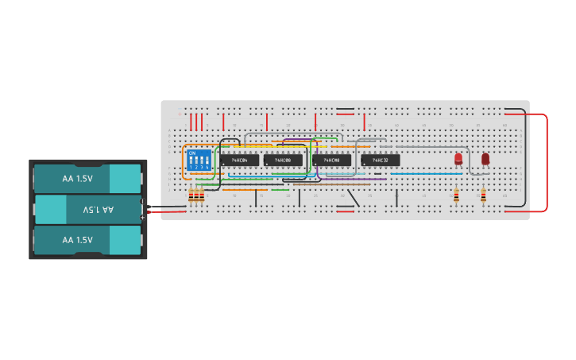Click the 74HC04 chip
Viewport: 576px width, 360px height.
239,161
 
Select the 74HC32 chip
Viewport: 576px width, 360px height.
381,161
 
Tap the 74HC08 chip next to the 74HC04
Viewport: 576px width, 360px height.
284,161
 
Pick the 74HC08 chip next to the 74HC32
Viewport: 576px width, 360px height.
332,161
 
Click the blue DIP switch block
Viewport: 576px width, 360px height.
199,161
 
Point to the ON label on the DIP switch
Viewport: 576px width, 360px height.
192,153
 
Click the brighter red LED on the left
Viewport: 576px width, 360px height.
458,159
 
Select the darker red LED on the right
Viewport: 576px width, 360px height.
485,158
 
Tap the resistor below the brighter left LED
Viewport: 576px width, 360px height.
456,195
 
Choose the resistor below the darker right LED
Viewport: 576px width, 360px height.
483,195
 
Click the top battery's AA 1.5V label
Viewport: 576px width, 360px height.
78,179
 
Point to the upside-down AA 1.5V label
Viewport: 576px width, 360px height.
99,210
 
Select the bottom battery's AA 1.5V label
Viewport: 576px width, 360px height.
78,240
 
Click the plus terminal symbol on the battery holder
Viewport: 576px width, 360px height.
143,216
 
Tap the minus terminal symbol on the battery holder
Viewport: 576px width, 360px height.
143,201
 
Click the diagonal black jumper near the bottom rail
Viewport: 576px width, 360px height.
354,197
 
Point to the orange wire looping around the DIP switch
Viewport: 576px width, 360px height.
184,163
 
